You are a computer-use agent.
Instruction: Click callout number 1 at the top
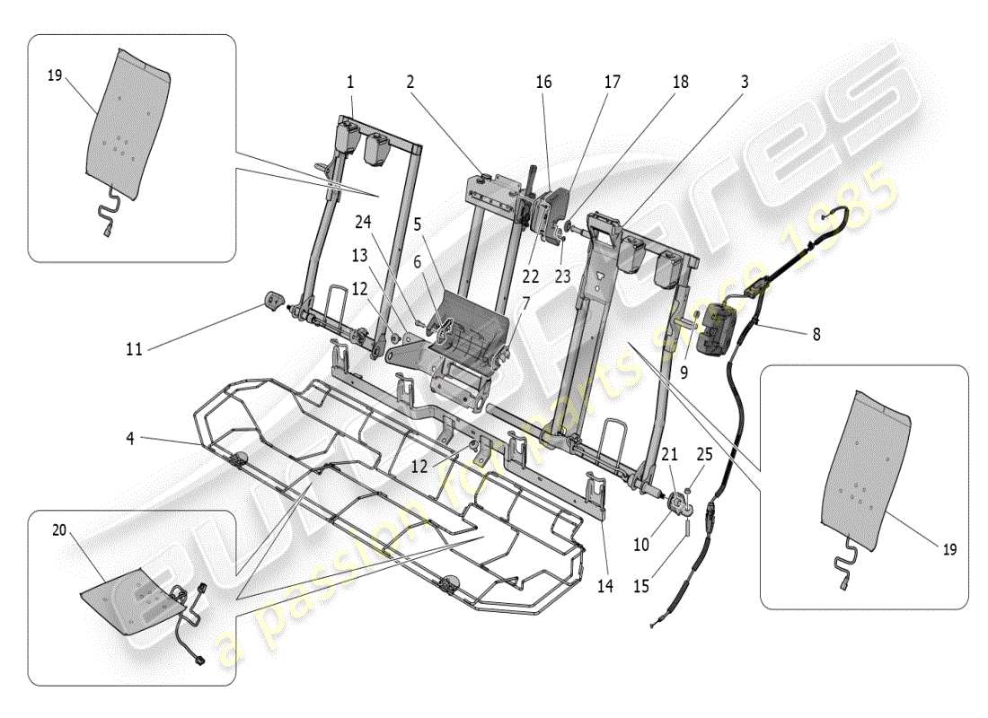(x=350, y=81)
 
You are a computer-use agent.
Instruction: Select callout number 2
(x=410, y=81)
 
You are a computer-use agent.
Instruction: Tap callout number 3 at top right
(x=745, y=81)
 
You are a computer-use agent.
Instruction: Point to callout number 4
(x=131, y=439)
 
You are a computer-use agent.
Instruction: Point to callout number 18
(x=680, y=81)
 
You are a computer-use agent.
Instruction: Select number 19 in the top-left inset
(x=54, y=77)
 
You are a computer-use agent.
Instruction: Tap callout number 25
(x=704, y=456)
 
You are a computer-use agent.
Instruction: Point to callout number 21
(x=668, y=456)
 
